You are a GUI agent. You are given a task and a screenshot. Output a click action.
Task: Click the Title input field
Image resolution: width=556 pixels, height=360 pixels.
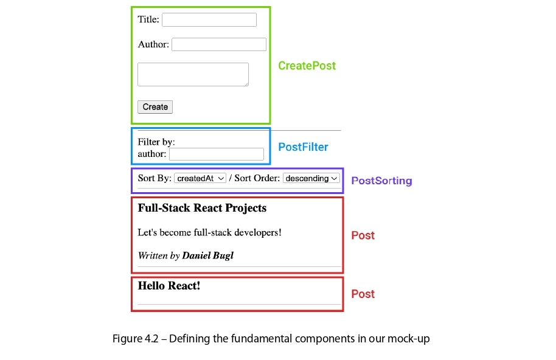pyautogui.click(x=209, y=20)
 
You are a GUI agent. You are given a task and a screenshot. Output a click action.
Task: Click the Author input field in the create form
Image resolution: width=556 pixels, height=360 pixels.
pyautogui.click(x=219, y=44)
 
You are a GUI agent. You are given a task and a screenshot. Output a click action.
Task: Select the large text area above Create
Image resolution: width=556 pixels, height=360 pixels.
pyautogui.click(x=193, y=74)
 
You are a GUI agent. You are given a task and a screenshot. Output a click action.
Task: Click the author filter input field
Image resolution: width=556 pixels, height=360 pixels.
pyautogui.click(x=217, y=154)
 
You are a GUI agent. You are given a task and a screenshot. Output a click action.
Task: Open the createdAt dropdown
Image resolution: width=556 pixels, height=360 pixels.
pyautogui.click(x=200, y=178)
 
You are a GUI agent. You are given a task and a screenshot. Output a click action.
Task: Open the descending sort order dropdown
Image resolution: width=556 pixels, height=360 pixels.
pyautogui.click(x=311, y=178)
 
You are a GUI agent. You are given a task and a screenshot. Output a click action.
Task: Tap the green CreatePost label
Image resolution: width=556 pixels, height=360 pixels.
pyautogui.click(x=307, y=66)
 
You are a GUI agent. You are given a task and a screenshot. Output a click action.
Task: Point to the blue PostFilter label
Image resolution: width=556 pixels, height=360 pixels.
pyautogui.click(x=303, y=147)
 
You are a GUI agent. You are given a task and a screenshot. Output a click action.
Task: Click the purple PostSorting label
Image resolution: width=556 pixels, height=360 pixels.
pyautogui.click(x=381, y=181)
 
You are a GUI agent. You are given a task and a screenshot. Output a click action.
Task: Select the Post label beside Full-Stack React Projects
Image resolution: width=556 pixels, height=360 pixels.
pyautogui.click(x=363, y=235)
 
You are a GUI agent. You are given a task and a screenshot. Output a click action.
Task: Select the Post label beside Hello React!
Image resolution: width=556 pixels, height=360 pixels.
pyautogui.click(x=363, y=294)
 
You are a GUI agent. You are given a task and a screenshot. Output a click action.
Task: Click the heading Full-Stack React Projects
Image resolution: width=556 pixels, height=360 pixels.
pyautogui.click(x=202, y=208)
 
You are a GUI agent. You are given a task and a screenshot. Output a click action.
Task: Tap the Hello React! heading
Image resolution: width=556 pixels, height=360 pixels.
pyautogui.click(x=169, y=286)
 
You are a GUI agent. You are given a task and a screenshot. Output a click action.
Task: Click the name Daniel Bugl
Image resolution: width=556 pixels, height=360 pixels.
pyautogui.click(x=208, y=255)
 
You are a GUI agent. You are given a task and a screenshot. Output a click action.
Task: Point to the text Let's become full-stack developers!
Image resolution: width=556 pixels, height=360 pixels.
pyautogui.click(x=209, y=232)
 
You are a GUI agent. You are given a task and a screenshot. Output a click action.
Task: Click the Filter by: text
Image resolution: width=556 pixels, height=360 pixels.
pyautogui.click(x=156, y=142)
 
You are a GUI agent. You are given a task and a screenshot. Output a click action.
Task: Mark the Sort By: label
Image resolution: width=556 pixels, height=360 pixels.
pyautogui.click(x=155, y=178)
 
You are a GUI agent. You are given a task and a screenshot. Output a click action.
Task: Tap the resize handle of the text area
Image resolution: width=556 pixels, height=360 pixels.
pyautogui.click(x=246, y=84)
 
